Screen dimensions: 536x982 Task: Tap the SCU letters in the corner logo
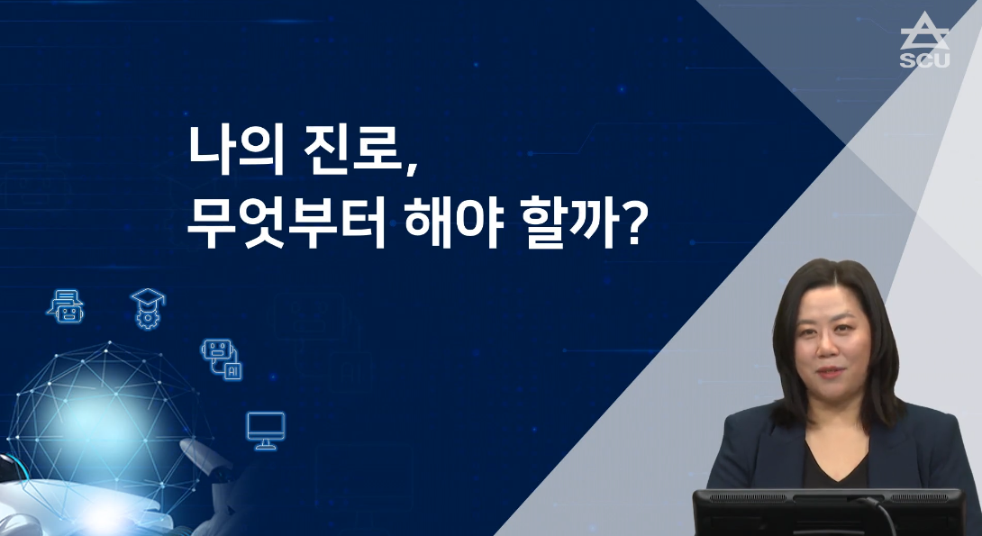(x=923, y=60)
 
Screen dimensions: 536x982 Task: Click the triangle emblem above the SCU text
(x=923, y=33)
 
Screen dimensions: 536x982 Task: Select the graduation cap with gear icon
(x=145, y=306)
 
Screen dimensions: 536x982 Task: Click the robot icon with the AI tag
(x=220, y=358)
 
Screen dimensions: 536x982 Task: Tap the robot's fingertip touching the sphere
(x=185, y=445)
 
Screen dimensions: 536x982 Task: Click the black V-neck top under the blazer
(x=832, y=464)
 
